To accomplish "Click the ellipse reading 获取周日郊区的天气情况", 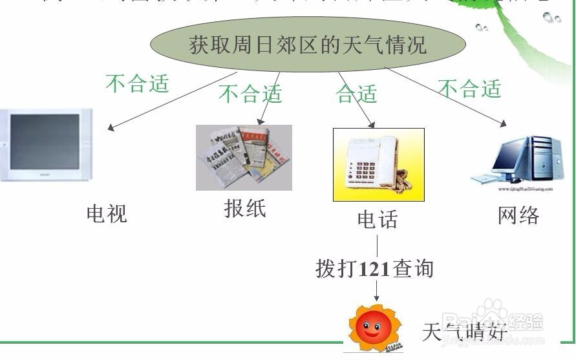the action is tap(308, 45).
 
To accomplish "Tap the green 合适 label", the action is tap(356, 94).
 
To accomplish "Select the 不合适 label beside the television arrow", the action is tap(137, 84).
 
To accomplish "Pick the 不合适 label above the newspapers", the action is tap(251, 94).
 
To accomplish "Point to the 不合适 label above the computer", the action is tap(470, 89).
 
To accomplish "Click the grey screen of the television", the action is tap(45, 142).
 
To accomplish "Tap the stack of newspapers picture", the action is tap(244, 157).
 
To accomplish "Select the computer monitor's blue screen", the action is tap(510, 158).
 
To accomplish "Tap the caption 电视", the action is tap(107, 214).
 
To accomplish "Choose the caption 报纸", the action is tap(245, 209).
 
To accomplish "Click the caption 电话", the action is tap(378, 220).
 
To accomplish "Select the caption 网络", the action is tap(518, 215).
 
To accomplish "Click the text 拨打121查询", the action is tap(374, 268).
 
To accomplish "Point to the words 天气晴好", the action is tap(464, 332).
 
